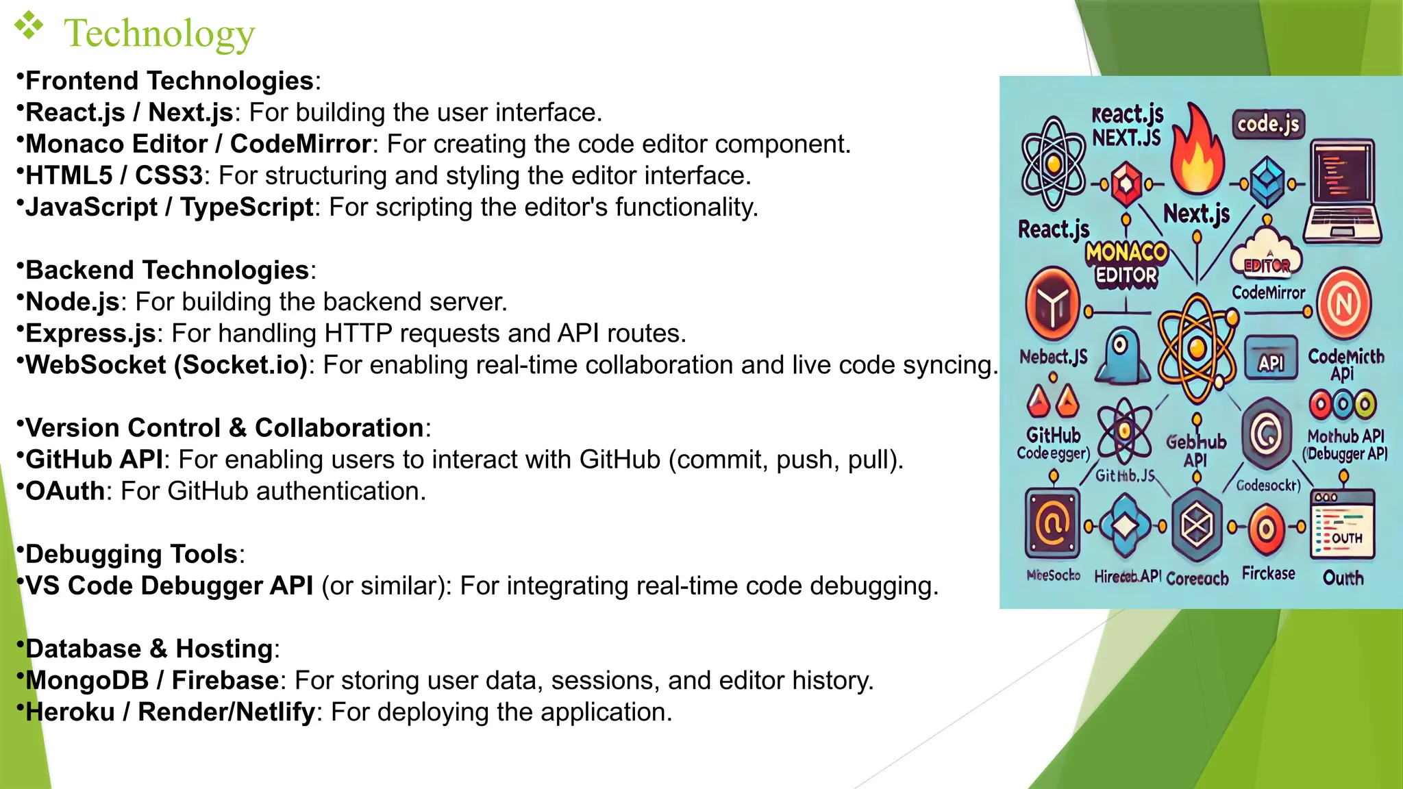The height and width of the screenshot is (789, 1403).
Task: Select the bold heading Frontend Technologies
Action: coord(169,81)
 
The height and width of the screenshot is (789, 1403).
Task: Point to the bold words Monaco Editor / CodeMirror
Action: coord(198,144)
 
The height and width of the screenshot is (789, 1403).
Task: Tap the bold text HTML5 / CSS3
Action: coord(114,175)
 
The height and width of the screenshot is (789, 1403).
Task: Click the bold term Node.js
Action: coord(73,301)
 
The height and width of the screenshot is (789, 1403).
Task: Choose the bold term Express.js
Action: coord(91,333)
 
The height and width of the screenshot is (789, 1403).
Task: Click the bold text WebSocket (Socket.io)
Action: coord(166,364)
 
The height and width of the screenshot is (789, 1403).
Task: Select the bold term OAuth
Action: coord(65,491)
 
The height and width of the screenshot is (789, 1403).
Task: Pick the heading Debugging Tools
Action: coord(131,554)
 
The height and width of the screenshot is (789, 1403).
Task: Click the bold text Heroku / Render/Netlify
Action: coord(170,712)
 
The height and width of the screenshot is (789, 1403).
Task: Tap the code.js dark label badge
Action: coord(1268,124)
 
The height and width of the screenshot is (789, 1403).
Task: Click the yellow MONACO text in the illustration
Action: coord(1126,252)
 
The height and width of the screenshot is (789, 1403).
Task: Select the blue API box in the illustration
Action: coord(1271,358)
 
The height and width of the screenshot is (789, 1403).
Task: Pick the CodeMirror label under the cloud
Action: coord(1269,293)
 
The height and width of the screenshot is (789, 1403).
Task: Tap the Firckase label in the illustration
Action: coord(1268,573)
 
